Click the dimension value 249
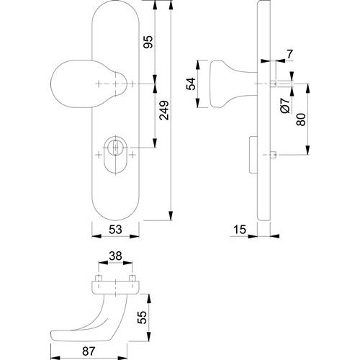[x=164, y=110]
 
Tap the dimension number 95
[x=148, y=42]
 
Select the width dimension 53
[x=115, y=230]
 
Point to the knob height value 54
[x=192, y=84]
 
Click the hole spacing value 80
[x=301, y=120]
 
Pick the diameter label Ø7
[x=285, y=106]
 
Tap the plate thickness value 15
[x=240, y=230]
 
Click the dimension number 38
[x=115, y=256]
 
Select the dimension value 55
[x=143, y=318]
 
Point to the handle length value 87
[x=89, y=351]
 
